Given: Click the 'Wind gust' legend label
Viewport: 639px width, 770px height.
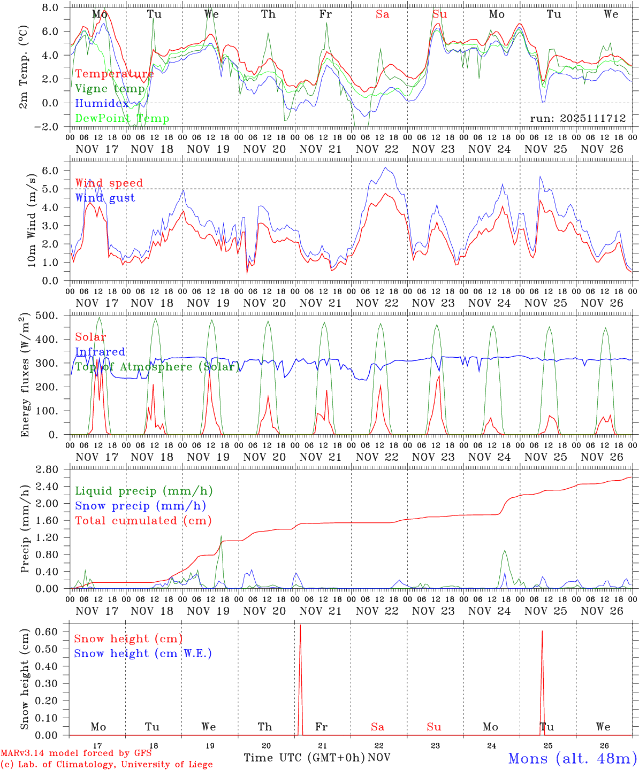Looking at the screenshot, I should (x=105, y=198).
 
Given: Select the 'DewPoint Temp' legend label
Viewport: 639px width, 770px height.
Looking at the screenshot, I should (x=122, y=118).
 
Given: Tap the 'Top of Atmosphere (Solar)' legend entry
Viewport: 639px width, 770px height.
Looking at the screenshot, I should (x=157, y=367).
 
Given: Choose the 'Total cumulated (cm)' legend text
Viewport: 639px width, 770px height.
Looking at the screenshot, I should (x=143, y=520).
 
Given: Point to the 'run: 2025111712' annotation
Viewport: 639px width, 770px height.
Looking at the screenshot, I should (x=577, y=118).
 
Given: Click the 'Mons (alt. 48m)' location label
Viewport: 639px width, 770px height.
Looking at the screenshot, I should (x=572, y=758).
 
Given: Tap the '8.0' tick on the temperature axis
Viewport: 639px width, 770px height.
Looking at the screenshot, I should (x=53, y=7).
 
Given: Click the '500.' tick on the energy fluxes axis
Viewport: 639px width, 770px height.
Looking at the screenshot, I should (x=49, y=315).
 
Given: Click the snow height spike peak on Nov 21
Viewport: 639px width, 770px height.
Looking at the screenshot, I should (x=300, y=625).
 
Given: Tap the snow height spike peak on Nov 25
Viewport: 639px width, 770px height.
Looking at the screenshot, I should (x=542, y=631).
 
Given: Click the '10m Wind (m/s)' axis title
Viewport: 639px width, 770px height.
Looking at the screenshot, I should (x=32, y=220).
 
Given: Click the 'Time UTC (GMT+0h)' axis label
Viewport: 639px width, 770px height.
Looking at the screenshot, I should (x=304, y=758).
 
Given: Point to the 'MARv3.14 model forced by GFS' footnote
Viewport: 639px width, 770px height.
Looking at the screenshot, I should (x=76, y=753).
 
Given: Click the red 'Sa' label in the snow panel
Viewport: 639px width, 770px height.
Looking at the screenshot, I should (x=377, y=727).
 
